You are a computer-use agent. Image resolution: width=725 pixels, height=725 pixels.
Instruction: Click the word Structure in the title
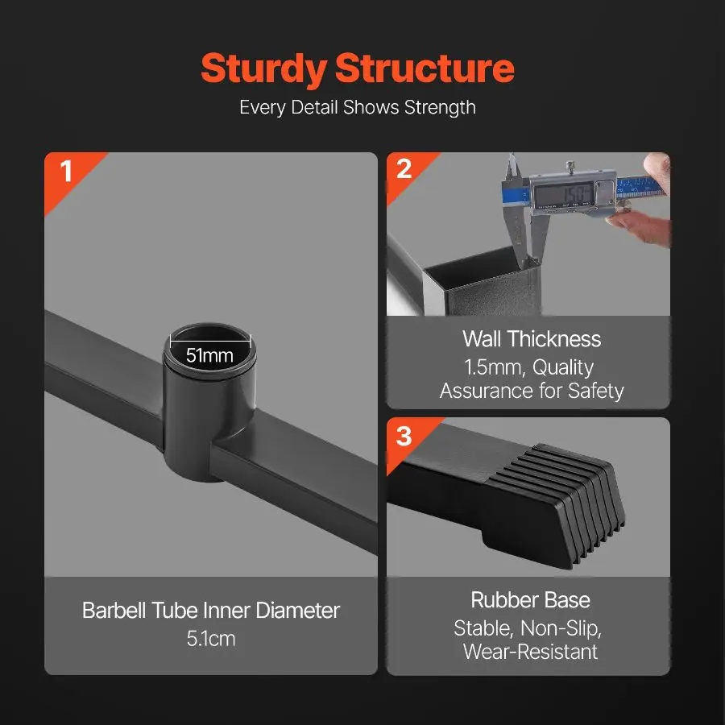coord(425,68)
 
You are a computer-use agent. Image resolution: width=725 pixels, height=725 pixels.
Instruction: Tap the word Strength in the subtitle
coord(440,108)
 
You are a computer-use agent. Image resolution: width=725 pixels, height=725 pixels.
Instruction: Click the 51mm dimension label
coord(209,355)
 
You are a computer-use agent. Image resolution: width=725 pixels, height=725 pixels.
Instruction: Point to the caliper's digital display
coord(563,193)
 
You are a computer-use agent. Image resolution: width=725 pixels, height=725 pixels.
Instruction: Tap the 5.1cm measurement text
coord(211,639)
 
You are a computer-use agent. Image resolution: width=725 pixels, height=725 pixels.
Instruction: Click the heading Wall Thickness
coord(532,339)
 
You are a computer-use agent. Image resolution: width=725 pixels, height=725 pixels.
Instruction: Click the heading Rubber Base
coord(530,600)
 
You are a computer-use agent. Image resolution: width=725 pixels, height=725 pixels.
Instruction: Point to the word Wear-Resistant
coord(530,652)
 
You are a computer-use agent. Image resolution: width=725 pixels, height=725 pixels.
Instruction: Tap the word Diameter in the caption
coord(298,611)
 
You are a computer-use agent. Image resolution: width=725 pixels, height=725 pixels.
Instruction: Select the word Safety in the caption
coord(595,391)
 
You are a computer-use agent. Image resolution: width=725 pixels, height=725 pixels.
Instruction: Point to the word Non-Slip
coord(561,628)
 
